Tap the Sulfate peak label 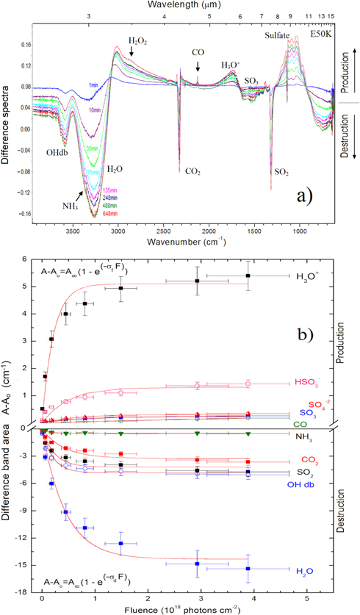pyautogui.click(x=280, y=35)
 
